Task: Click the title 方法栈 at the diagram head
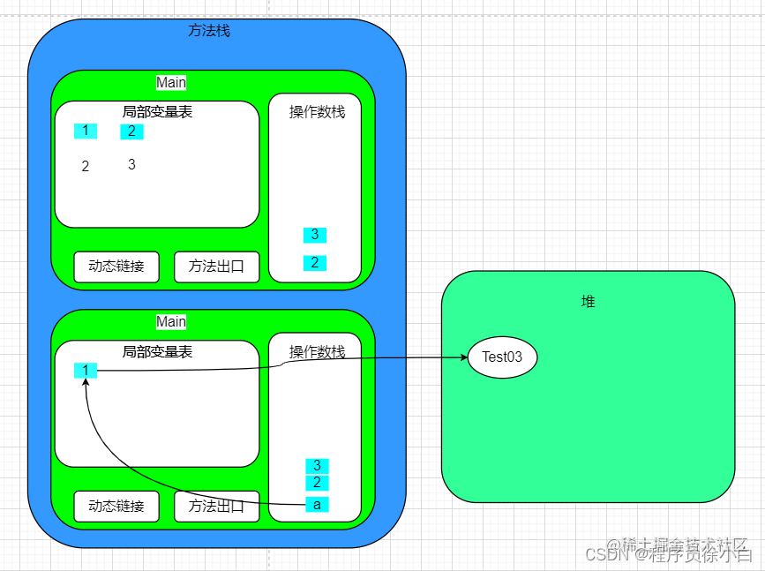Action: pos(209,30)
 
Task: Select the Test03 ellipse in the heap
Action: pos(502,357)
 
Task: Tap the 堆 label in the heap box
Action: pos(588,302)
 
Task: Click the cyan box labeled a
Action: pos(317,505)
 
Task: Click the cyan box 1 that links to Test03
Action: pos(86,371)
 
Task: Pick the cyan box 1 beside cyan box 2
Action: pos(86,131)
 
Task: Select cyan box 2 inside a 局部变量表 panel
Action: pos(131,131)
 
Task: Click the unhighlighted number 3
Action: pos(131,165)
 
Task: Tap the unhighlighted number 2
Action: pos(86,167)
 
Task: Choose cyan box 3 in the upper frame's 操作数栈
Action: pos(315,235)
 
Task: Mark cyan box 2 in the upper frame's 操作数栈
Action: pos(315,263)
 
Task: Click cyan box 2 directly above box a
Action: pos(317,483)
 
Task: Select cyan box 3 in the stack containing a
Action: pos(317,466)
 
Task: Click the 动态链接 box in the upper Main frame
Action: pos(116,267)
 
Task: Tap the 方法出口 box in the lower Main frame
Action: pos(216,507)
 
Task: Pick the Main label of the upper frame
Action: pos(171,82)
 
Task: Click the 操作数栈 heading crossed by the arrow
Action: pos(317,352)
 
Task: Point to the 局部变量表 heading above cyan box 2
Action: pos(157,112)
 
